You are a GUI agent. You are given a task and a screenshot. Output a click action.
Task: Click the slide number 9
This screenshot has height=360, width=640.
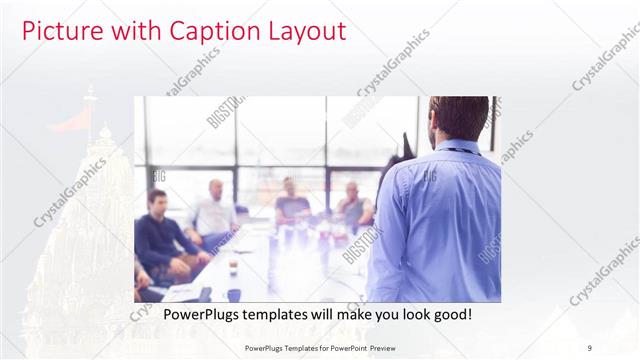(589, 347)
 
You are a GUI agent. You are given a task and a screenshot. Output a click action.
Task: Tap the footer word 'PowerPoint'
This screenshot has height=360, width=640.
(342, 347)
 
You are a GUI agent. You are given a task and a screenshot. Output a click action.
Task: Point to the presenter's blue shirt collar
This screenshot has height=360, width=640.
(456, 148)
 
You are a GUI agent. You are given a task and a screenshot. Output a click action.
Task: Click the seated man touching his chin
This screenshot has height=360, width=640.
(352, 205)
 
